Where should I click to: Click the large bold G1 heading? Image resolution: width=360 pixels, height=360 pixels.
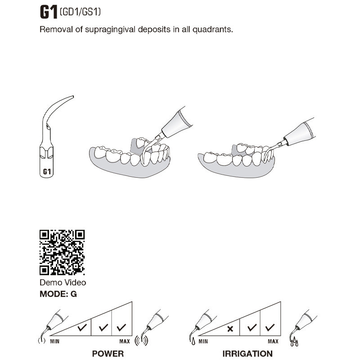[49, 12]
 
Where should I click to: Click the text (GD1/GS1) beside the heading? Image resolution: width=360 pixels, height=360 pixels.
[80, 12]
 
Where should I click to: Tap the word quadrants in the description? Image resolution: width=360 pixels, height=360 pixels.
[212, 29]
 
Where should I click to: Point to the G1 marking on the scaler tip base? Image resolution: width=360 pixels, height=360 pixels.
[47, 171]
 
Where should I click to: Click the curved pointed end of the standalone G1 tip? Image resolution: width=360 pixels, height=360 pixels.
[72, 96]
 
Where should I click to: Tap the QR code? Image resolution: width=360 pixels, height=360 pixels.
[62, 252]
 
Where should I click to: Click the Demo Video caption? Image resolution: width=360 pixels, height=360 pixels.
[63, 283]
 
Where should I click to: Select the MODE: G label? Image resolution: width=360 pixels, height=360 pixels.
[58, 294]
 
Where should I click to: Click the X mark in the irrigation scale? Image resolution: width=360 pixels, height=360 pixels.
[230, 329]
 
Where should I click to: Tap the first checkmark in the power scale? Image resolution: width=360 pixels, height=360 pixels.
[82, 328]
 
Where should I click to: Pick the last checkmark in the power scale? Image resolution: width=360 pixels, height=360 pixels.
[121, 328]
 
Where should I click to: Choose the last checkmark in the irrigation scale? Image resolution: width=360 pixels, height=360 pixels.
[270, 328]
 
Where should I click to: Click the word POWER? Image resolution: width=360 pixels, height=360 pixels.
[108, 354]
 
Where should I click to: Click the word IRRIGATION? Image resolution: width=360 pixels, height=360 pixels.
[247, 354]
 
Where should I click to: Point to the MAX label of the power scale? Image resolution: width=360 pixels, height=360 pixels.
[125, 342]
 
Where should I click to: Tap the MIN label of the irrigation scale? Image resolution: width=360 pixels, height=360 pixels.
[203, 342]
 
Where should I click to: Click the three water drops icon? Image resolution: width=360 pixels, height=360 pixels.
[294, 342]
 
